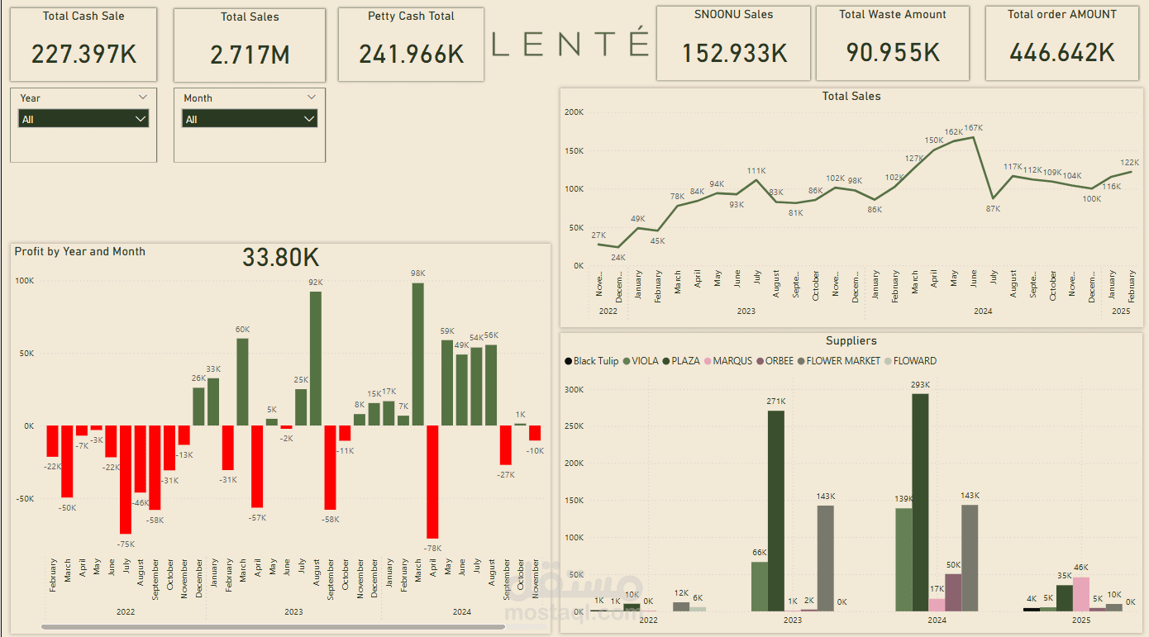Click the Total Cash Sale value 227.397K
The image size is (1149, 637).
83,55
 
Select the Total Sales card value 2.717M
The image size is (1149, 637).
250,55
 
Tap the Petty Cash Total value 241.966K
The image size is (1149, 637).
411,55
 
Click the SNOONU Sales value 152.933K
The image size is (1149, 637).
734,53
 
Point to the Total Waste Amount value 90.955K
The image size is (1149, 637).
893,53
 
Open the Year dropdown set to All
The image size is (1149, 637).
83,119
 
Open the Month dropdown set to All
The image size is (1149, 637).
249,119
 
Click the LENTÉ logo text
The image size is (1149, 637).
570,44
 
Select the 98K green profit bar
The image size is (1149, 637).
417,354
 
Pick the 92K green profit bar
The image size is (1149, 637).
316,359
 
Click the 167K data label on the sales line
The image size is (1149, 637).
974,128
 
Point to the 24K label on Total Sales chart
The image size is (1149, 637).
618,257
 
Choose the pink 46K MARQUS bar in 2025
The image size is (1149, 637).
1081,593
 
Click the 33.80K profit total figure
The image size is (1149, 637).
280,258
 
